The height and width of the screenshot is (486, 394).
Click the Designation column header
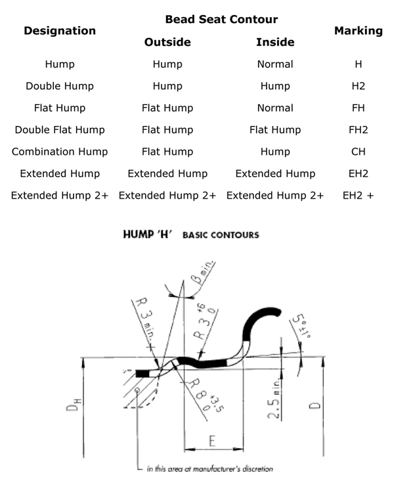60,31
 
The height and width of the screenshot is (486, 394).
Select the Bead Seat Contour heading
221,20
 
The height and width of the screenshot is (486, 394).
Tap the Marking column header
358,31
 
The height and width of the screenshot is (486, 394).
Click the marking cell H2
359,86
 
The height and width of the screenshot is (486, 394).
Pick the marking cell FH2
359,129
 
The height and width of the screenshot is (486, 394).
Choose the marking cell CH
359,152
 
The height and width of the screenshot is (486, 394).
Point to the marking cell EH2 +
359,195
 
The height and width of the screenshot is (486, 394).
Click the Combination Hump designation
60,152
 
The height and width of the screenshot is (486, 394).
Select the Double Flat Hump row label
60,129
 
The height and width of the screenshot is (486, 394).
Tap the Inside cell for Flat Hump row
275,108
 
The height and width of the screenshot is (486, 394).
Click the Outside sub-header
167,43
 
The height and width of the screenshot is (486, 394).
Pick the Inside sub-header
275,43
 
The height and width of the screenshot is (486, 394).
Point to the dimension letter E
213,441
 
